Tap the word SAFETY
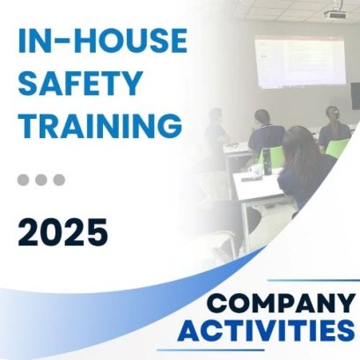pyautogui.click(x=79, y=85)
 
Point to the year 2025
pyautogui.click(x=62, y=233)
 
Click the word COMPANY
pyautogui.click(x=281, y=304)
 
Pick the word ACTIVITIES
pyautogui.click(x=266, y=331)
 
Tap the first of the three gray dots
pyautogui.click(x=24, y=180)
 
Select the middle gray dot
pyautogui.click(x=41, y=180)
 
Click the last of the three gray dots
pyautogui.click(x=59, y=180)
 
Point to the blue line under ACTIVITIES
pyautogui.click(x=273, y=350)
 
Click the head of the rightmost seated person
pyautogui.click(x=332, y=114)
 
